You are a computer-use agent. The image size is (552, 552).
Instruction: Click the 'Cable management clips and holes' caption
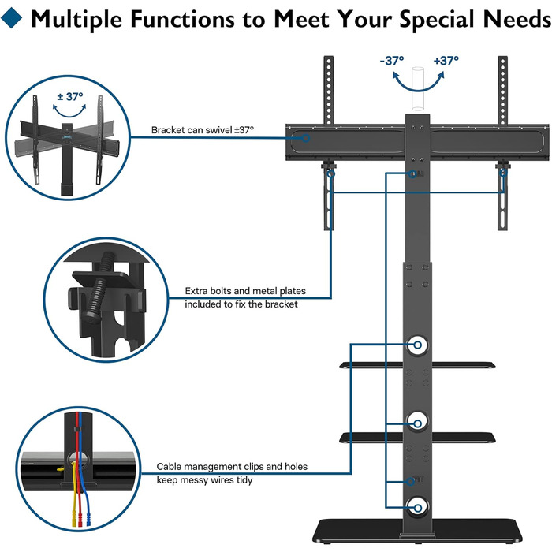[x=232, y=467]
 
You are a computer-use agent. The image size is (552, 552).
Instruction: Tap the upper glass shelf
[x=379, y=364]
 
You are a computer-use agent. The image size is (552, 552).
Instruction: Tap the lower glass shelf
[x=379, y=436]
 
